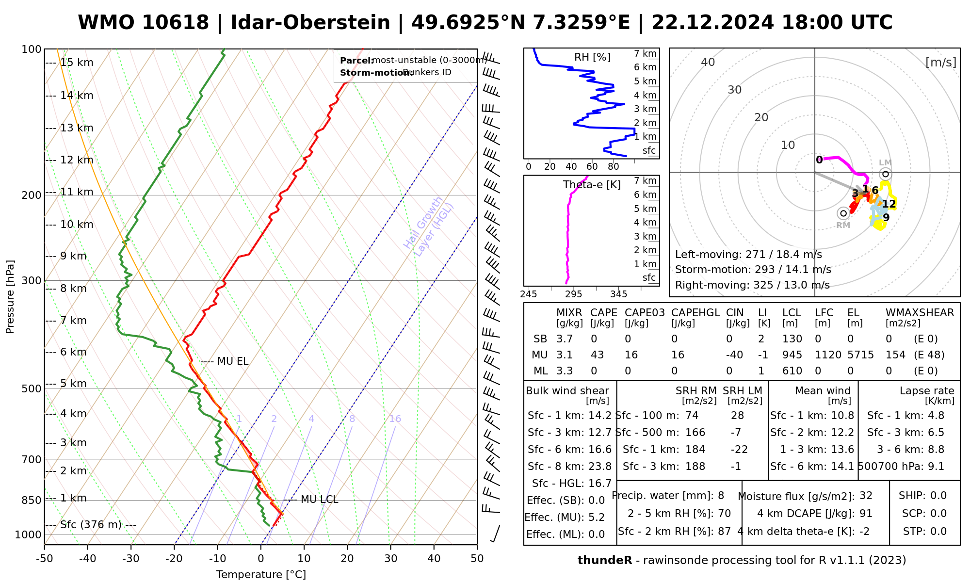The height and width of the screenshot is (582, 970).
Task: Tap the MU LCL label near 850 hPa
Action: tap(319, 500)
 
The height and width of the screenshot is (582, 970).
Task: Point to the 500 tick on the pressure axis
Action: tap(32, 388)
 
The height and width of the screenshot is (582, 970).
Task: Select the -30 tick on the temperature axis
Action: tap(131, 559)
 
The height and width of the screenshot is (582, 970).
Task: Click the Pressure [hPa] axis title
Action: tap(10, 297)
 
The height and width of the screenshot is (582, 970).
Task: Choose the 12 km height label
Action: tap(76, 160)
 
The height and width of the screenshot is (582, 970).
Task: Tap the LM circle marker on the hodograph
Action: tap(885, 174)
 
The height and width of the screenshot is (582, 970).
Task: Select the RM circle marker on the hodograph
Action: tap(843, 213)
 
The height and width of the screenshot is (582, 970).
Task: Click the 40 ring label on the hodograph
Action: tap(708, 62)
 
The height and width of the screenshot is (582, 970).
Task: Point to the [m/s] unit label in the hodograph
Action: tap(941, 62)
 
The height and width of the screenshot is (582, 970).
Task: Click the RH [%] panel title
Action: tap(592, 57)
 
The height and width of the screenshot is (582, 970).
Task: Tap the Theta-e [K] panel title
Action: tap(592, 185)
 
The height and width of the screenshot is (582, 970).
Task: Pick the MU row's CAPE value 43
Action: tap(597, 355)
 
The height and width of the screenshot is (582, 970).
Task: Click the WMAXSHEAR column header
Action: tap(920, 313)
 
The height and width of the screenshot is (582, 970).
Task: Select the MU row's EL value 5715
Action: tap(860, 355)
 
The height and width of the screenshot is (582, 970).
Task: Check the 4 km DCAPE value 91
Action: tap(866, 514)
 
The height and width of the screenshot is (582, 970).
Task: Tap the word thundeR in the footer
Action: tap(605, 561)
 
